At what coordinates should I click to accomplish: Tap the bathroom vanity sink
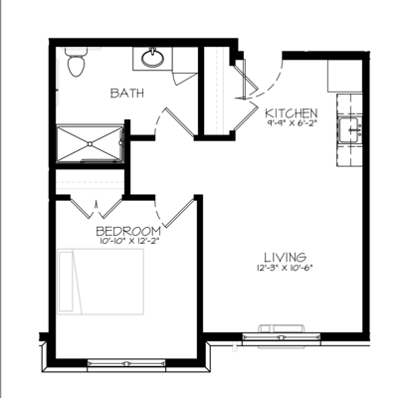[x=153, y=57]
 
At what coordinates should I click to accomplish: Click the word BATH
[x=125, y=94]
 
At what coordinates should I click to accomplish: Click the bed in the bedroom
[x=100, y=284]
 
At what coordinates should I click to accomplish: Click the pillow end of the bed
[x=69, y=284]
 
